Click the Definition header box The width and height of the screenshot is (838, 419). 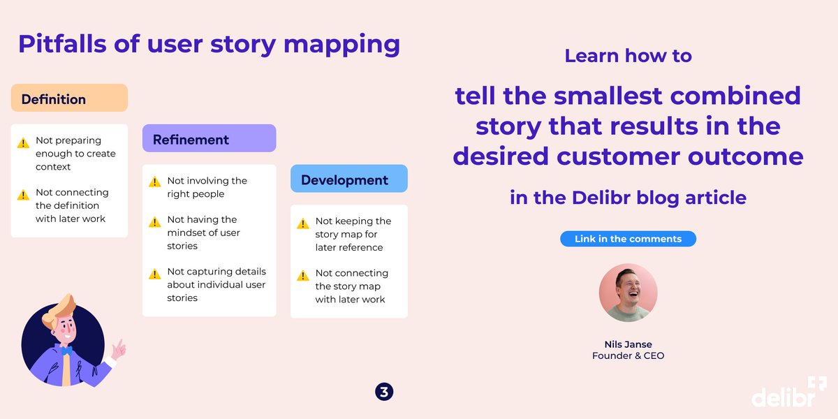pyautogui.click(x=69, y=98)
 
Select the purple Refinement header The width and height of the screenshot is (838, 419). pyautogui.click(x=209, y=139)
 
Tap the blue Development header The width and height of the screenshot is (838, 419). pyautogui.click(x=348, y=179)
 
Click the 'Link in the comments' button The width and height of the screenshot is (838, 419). pyautogui.click(x=628, y=239)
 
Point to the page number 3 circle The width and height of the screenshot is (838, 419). pyautogui.click(x=384, y=392)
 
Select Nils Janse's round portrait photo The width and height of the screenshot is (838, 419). pyautogui.click(x=628, y=293)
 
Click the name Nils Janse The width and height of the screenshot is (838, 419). pyautogui.click(x=628, y=344)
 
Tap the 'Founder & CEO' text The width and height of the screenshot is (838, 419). pyautogui.click(x=628, y=356)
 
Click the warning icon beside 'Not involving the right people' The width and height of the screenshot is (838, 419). pyautogui.click(x=155, y=182)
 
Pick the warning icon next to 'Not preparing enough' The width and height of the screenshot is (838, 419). pyautogui.click(x=24, y=142)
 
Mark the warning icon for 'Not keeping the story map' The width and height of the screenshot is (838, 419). pyautogui.click(x=303, y=223)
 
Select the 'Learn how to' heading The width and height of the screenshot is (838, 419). pyautogui.click(x=628, y=56)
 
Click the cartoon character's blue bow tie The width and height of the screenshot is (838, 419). pyautogui.click(x=66, y=351)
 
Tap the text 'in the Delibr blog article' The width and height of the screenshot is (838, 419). pyautogui.click(x=628, y=198)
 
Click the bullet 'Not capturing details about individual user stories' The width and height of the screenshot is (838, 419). pyautogui.click(x=216, y=285)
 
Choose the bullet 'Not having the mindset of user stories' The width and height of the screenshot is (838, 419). pyautogui.click(x=203, y=233)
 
